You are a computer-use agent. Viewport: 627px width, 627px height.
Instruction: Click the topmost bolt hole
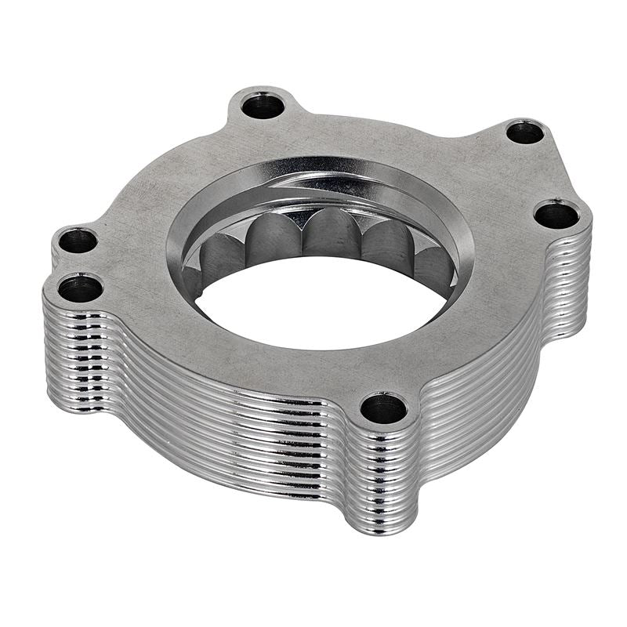pos(262,106)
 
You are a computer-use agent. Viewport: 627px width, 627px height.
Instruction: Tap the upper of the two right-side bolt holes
pos(525,132)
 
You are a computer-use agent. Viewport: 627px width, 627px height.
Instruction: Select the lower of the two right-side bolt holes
pos(556,214)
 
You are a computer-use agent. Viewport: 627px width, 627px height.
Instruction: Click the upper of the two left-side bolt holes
pos(78,240)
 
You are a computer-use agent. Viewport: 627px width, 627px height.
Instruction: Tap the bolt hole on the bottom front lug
pos(384,408)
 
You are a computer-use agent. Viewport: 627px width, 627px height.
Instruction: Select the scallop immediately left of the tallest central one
pos(270,239)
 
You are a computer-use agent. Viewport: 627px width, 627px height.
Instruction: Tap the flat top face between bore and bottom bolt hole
pos(353,368)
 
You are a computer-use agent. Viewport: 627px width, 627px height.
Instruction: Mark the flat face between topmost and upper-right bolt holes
pos(392,125)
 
